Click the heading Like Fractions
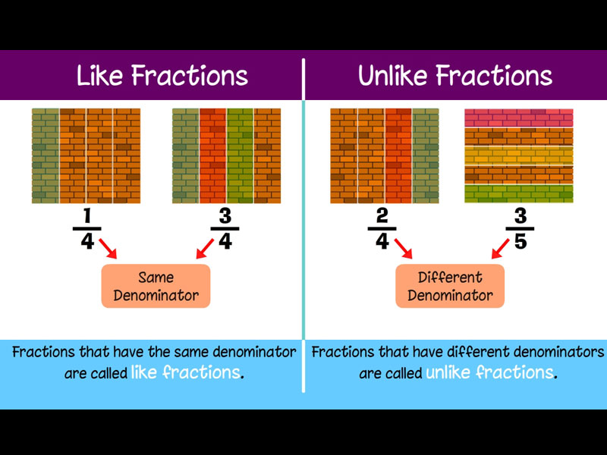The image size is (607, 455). tap(162, 76)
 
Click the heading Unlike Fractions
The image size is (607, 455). tap(455, 76)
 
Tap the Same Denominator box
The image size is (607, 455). tap(156, 286)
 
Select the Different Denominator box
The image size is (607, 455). tap(450, 286)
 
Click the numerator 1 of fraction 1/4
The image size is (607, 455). tap(86, 217)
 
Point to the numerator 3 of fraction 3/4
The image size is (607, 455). tap(225, 217)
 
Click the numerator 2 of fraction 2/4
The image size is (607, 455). tap(382, 217)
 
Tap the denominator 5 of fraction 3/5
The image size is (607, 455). tap(520, 243)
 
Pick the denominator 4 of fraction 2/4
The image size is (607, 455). tap(382, 243)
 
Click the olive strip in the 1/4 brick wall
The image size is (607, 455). tap(46, 155)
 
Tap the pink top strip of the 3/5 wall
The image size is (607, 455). tap(518, 118)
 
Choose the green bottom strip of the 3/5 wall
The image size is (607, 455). tap(518, 194)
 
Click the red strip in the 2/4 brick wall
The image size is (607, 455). tap(398, 155)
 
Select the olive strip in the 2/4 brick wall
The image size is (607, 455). tap(425, 155)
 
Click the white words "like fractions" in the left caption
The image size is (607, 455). tap(185, 373)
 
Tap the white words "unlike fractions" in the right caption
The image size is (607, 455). tap(489, 373)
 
